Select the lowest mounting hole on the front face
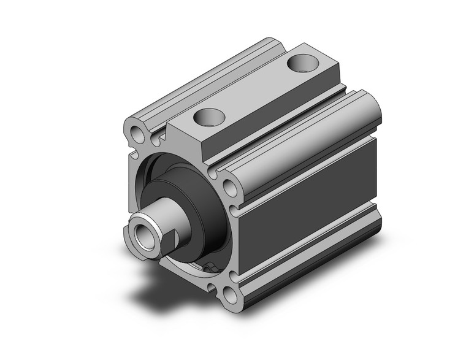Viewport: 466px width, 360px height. pyautogui.click(x=231, y=296)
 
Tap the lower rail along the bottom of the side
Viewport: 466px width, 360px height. pyautogui.click(x=307, y=251)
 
